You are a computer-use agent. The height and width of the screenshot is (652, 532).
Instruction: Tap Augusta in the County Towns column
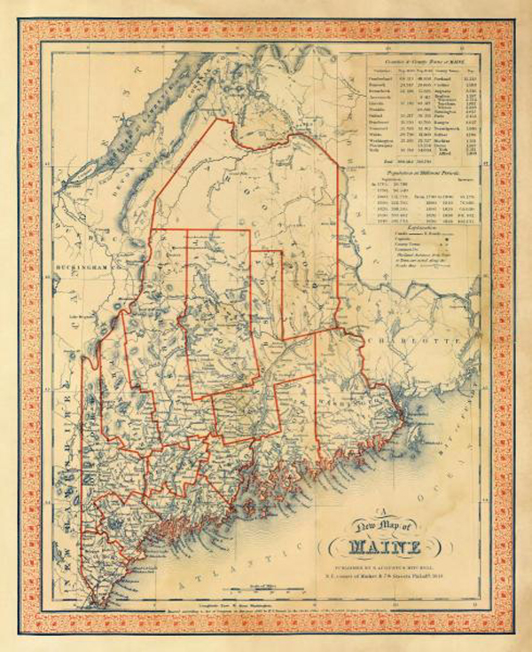click(448, 90)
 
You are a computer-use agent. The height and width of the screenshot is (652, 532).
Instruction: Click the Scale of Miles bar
click(262, 585)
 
